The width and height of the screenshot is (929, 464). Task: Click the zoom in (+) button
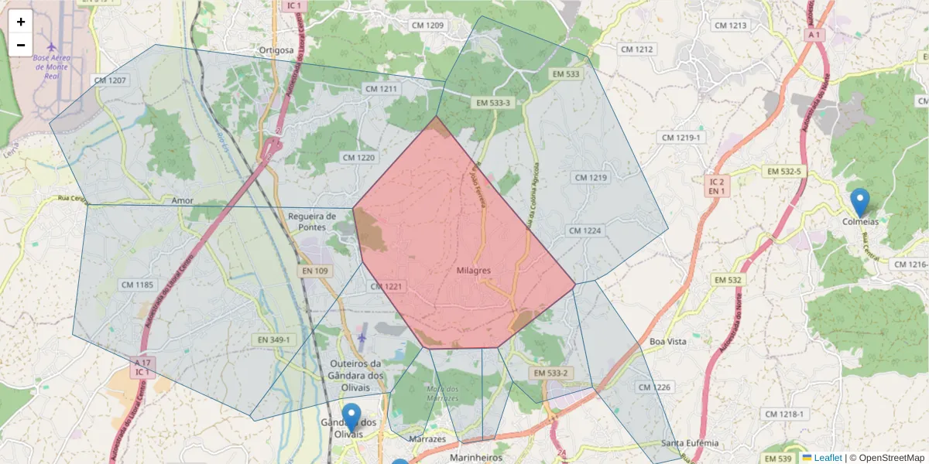click(21, 22)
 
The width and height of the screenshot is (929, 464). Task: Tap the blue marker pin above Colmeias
click(859, 202)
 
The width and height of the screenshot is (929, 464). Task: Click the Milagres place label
click(474, 270)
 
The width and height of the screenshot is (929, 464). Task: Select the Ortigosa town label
click(277, 50)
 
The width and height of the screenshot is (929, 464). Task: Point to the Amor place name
click(183, 200)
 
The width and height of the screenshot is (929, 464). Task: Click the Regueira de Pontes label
click(311, 221)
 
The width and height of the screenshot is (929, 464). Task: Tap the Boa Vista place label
click(668, 341)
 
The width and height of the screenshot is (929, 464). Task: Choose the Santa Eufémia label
click(690, 443)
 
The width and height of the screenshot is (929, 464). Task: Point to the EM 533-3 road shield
click(494, 102)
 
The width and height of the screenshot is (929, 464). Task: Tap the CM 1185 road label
click(138, 285)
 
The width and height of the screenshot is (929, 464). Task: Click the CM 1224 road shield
click(584, 230)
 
